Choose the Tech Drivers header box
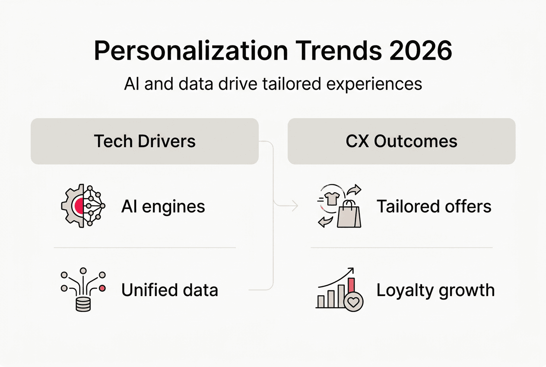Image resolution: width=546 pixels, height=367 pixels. pyautogui.click(x=144, y=141)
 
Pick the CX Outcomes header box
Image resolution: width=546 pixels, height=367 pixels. pyautogui.click(x=401, y=141)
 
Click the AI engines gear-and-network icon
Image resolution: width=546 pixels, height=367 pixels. pyautogui.click(x=83, y=206)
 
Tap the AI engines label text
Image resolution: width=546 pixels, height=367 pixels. pyautogui.click(x=163, y=206)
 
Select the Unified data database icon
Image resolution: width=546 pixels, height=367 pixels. pyautogui.click(x=83, y=303)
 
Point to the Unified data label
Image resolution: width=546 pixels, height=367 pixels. pyautogui.click(x=169, y=290)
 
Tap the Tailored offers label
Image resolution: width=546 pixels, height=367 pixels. pyautogui.click(x=434, y=206)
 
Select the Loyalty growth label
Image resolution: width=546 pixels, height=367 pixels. pyautogui.click(x=435, y=290)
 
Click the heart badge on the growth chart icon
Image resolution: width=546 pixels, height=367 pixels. pyautogui.click(x=353, y=302)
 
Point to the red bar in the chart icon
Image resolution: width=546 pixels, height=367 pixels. pyautogui.click(x=351, y=287)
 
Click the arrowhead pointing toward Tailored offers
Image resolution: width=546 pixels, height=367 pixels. pyautogui.click(x=295, y=206)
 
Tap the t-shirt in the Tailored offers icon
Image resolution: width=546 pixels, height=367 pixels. pyautogui.click(x=332, y=199)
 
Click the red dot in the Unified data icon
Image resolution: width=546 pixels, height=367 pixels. pyautogui.click(x=102, y=288)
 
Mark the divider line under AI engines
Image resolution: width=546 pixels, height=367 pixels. pyautogui.click(x=144, y=248)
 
